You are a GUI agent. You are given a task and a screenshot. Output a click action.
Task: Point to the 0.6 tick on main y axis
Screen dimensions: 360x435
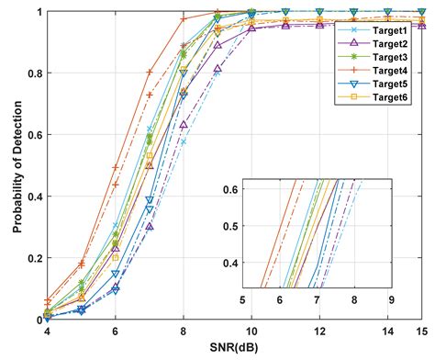pos(36,135)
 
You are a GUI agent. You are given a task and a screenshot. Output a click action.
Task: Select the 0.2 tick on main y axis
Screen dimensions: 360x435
pos(36,258)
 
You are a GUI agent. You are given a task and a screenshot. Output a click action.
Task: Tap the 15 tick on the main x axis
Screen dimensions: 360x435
pos(421,332)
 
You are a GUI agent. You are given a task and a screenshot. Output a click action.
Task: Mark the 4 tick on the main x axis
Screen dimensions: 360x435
pos(48,332)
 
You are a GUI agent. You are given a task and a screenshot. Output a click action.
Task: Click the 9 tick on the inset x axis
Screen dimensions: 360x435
pos(390,299)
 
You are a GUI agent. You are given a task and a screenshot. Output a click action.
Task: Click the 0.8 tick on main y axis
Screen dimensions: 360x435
pos(36,73)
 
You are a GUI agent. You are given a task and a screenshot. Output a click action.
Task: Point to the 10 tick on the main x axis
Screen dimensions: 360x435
pos(251,332)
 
